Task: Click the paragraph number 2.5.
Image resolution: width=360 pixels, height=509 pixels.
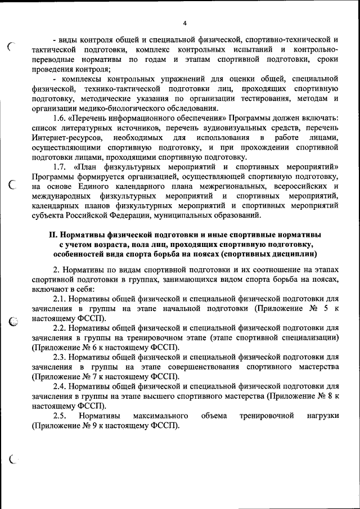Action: [x=61, y=416]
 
